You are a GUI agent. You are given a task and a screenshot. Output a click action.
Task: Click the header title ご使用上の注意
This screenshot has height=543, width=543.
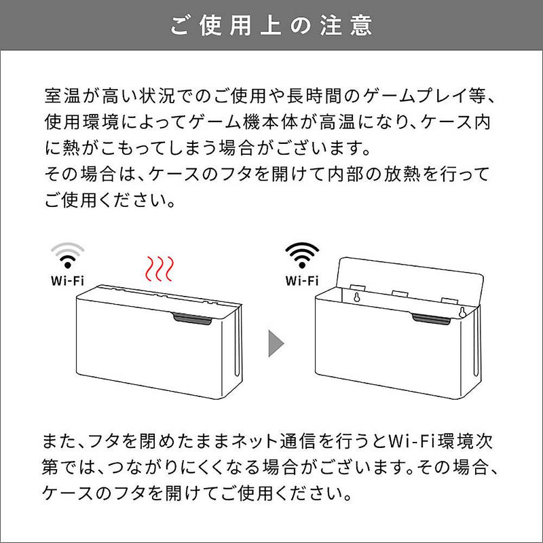coord(271,25)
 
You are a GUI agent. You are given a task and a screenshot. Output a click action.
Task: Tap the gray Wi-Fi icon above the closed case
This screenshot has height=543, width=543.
coord(68,257)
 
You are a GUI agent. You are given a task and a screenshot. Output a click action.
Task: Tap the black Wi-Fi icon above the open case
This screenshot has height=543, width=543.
coord(302,257)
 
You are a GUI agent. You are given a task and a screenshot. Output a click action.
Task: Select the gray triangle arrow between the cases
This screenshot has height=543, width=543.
coord(275,343)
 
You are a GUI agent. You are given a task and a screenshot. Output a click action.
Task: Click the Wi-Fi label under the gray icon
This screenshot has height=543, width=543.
coord(68,280)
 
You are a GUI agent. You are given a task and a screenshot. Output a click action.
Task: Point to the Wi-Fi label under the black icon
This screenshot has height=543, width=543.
coord(302,280)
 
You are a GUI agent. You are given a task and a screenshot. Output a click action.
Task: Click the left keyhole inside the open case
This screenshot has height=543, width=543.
coord(354,297)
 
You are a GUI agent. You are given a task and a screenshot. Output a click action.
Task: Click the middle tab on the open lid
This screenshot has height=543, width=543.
coord(401,293)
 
